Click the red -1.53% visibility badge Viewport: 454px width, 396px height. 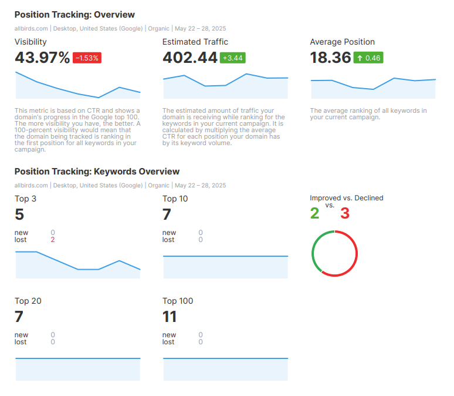coord(87,58)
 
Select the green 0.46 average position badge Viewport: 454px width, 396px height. coord(368,58)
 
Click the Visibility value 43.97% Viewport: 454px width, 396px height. coord(42,58)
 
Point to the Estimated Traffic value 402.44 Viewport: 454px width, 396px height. coord(189,58)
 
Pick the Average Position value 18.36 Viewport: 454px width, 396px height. coord(330,58)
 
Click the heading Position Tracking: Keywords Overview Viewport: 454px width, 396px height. coord(97,172)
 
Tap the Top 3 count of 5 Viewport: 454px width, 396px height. coord(19,214)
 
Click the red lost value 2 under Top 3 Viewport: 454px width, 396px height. coord(53,240)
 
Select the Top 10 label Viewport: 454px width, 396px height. coord(175,199)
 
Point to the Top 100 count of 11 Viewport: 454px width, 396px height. coord(170,317)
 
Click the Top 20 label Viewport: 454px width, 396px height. coord(28,301)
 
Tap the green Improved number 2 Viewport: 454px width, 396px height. coord(314,213)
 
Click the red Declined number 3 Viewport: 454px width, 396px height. coord(345,213)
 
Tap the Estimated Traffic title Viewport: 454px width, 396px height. coord(195,42)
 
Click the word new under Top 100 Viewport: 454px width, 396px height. coord(169,335)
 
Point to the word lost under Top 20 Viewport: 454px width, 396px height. coord(21,342)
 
